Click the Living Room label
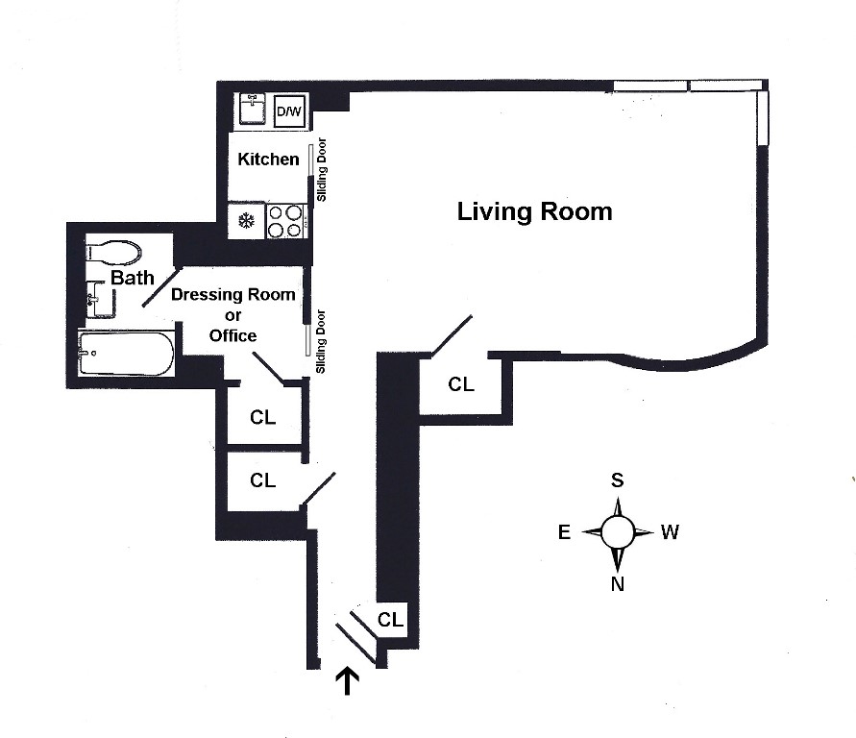534,211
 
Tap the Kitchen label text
268,159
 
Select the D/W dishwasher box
288,112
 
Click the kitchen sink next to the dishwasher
254,110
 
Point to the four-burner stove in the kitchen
284,221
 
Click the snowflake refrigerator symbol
245,221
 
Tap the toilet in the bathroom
113,252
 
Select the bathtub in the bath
126,354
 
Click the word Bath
132,279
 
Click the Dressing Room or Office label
233,314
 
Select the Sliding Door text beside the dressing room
323,342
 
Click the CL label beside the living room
461,384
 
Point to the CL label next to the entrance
390,620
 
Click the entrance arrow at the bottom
347,681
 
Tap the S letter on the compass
618,480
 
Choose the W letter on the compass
670,531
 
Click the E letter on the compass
565,532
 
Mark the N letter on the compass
618,582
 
